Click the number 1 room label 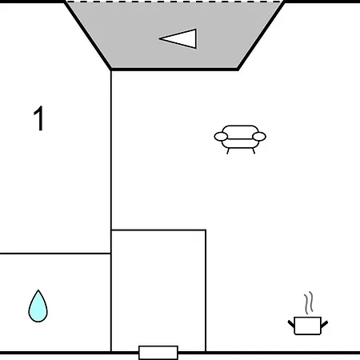(38, 118)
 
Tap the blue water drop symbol (38, 306)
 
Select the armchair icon (240, 139)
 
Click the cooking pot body (308, 326)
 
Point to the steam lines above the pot (308, 302)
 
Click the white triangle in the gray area (178, 38)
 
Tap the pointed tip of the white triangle (159, 38)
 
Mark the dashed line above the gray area (174, 2)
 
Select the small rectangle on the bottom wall (158, 353)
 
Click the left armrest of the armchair (221, 137)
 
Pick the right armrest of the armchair (259, 137)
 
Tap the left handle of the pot (291, 324)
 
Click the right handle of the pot (325, 324)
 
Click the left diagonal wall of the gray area (88, 36)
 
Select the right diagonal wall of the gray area (261, 36)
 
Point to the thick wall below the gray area (174, 70)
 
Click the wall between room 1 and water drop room (55, 254)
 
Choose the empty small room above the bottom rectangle (158, 290)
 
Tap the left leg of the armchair (228, 151)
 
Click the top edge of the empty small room (158, 230)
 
